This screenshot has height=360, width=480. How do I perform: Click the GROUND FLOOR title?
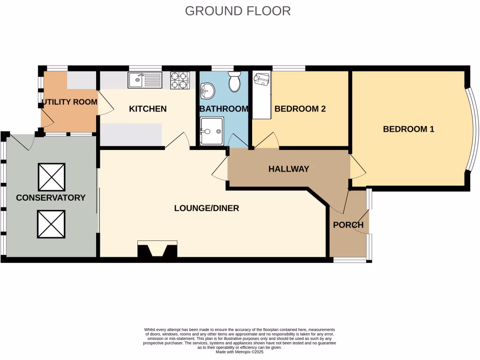(238, 11)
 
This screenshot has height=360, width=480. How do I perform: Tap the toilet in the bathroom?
(234, 83)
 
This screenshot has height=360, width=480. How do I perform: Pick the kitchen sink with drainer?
(145, 80)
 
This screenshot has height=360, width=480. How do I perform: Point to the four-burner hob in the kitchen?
(180, 80)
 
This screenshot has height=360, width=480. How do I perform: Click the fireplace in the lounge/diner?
(157, 249)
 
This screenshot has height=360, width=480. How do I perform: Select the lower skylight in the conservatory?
(51, 224)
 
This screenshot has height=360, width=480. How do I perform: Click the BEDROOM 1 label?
(408, 129)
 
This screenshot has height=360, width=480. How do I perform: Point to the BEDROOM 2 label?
(300, 109)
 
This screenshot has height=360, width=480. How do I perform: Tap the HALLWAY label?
(289, 169)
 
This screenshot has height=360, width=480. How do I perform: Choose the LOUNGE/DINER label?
(206, 208)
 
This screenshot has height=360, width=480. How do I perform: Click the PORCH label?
(348, 225)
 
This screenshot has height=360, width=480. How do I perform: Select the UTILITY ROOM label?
(69, 102)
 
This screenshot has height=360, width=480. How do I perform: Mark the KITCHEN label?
(148, 109)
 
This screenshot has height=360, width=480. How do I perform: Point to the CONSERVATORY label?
(51, 198)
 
